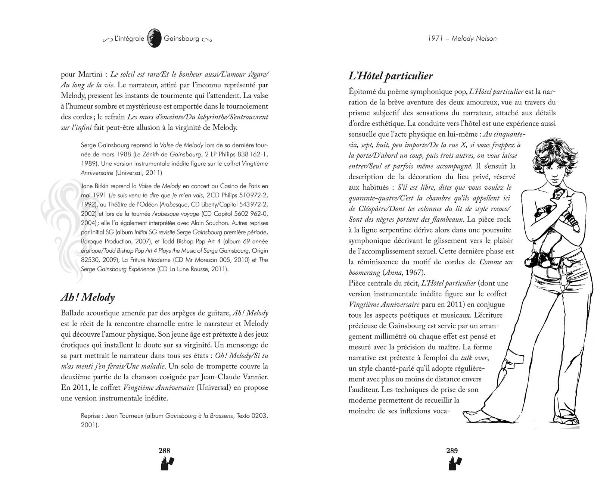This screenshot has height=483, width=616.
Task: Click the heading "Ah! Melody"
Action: click(87, 297)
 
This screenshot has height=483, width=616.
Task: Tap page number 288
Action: click(164, 451)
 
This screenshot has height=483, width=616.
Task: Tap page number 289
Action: click(452, 451)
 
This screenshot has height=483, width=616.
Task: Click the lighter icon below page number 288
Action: click(167, 464)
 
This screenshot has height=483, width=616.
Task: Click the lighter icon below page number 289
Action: click(454, 464)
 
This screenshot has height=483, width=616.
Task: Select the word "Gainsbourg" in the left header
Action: click(181, 38)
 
